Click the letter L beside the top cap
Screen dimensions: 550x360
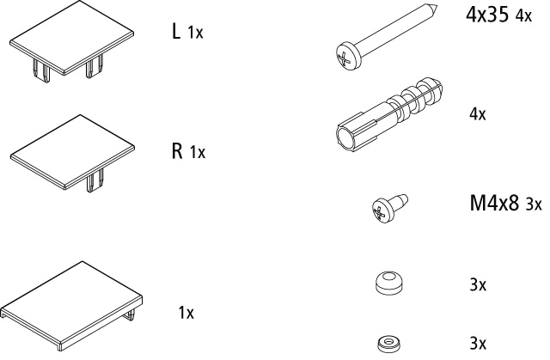[x=176, y=31]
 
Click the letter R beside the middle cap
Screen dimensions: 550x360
[x=177, y=150]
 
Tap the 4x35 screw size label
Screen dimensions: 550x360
[x=487, y=15]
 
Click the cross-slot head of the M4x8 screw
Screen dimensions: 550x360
[x=382, y=211]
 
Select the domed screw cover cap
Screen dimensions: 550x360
[x=388, y=282]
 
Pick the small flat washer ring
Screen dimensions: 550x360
[x=389, y=344]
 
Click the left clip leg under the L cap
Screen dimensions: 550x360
[x=41, y=70]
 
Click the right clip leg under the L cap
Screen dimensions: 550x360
[x=95, y=66]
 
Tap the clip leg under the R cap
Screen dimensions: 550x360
[x=95, y=180]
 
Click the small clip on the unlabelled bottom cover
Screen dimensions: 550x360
[x=130, y=314]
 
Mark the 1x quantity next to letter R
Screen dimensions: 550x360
[x=198, y=152]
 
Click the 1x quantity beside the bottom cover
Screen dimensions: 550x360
[x=186, y=313]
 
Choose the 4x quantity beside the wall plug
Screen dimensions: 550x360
[x=478, y=114]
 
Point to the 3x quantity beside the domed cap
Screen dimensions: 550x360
[x=478, y=285]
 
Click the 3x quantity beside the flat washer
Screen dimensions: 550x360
[x=478, y=343]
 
